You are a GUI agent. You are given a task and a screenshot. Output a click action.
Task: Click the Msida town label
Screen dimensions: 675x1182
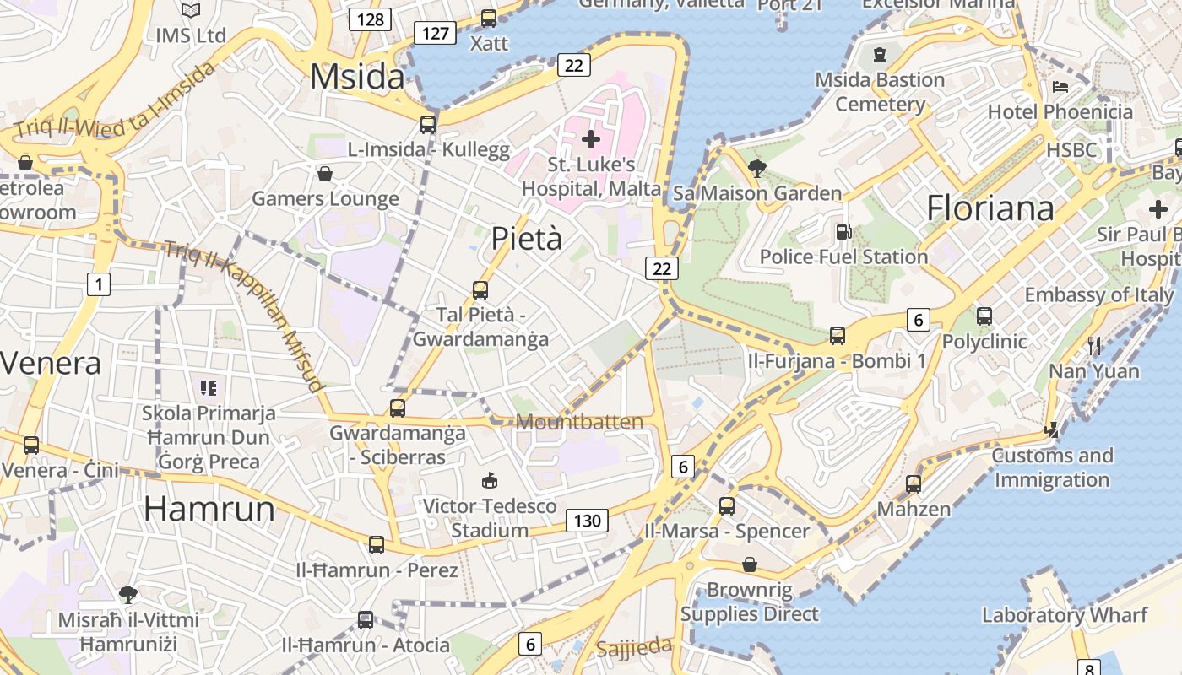[x=357, y=77]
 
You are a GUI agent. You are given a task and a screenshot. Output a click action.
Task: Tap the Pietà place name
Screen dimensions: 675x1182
[x=526, y=238]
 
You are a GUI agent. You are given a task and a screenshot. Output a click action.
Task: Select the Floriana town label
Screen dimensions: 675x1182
[x=990, y=208]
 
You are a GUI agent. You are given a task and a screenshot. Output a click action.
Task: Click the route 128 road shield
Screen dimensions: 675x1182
[x=371, y=19]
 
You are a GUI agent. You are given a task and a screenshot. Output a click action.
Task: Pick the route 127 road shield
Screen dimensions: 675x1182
[x=435, y=33]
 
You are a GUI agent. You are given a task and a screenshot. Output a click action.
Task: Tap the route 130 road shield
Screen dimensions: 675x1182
[x=587, y=521]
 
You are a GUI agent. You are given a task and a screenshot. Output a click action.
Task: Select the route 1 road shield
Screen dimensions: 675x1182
[x=99, y=284]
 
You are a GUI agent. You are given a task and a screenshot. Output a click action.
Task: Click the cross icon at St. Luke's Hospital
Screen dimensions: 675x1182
[x=591, y=138]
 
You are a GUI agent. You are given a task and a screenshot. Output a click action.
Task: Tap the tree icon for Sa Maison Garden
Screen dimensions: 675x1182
[x=756, y=169]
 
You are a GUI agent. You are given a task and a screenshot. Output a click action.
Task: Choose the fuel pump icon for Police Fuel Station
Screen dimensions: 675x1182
[x=843, y=231]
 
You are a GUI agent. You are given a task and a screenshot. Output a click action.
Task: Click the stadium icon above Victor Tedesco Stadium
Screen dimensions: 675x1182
[x=489, y=481]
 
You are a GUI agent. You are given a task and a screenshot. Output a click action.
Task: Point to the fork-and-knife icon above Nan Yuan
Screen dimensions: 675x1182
[x=1094, y=344]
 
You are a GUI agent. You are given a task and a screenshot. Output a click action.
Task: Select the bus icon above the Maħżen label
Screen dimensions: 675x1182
[x=914, y=484]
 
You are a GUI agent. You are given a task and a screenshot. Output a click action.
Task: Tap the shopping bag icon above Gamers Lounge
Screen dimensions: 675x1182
[x=325, y=174]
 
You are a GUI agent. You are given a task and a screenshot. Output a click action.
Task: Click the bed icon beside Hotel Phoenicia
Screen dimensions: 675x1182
[x=1060, y=87]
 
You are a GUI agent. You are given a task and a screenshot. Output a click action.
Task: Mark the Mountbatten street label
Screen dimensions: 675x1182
[x=579, y=422]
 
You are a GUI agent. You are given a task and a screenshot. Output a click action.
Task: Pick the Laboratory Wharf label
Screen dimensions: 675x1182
[x=1065, y=615]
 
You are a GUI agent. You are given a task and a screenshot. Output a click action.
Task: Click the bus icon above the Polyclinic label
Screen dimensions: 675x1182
[x=984, y=316]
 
